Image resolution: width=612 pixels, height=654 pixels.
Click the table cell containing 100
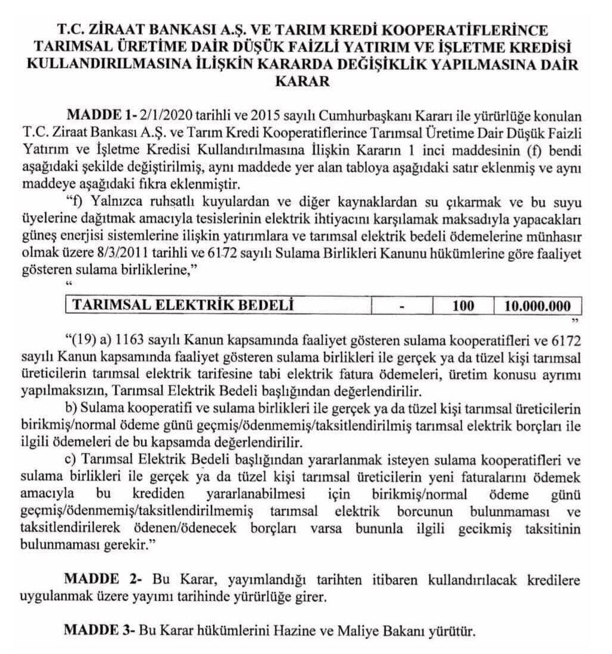pyautogui.click(x=463, y=306)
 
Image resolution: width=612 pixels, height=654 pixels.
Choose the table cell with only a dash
pyautogui.click(x=402, y=306)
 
